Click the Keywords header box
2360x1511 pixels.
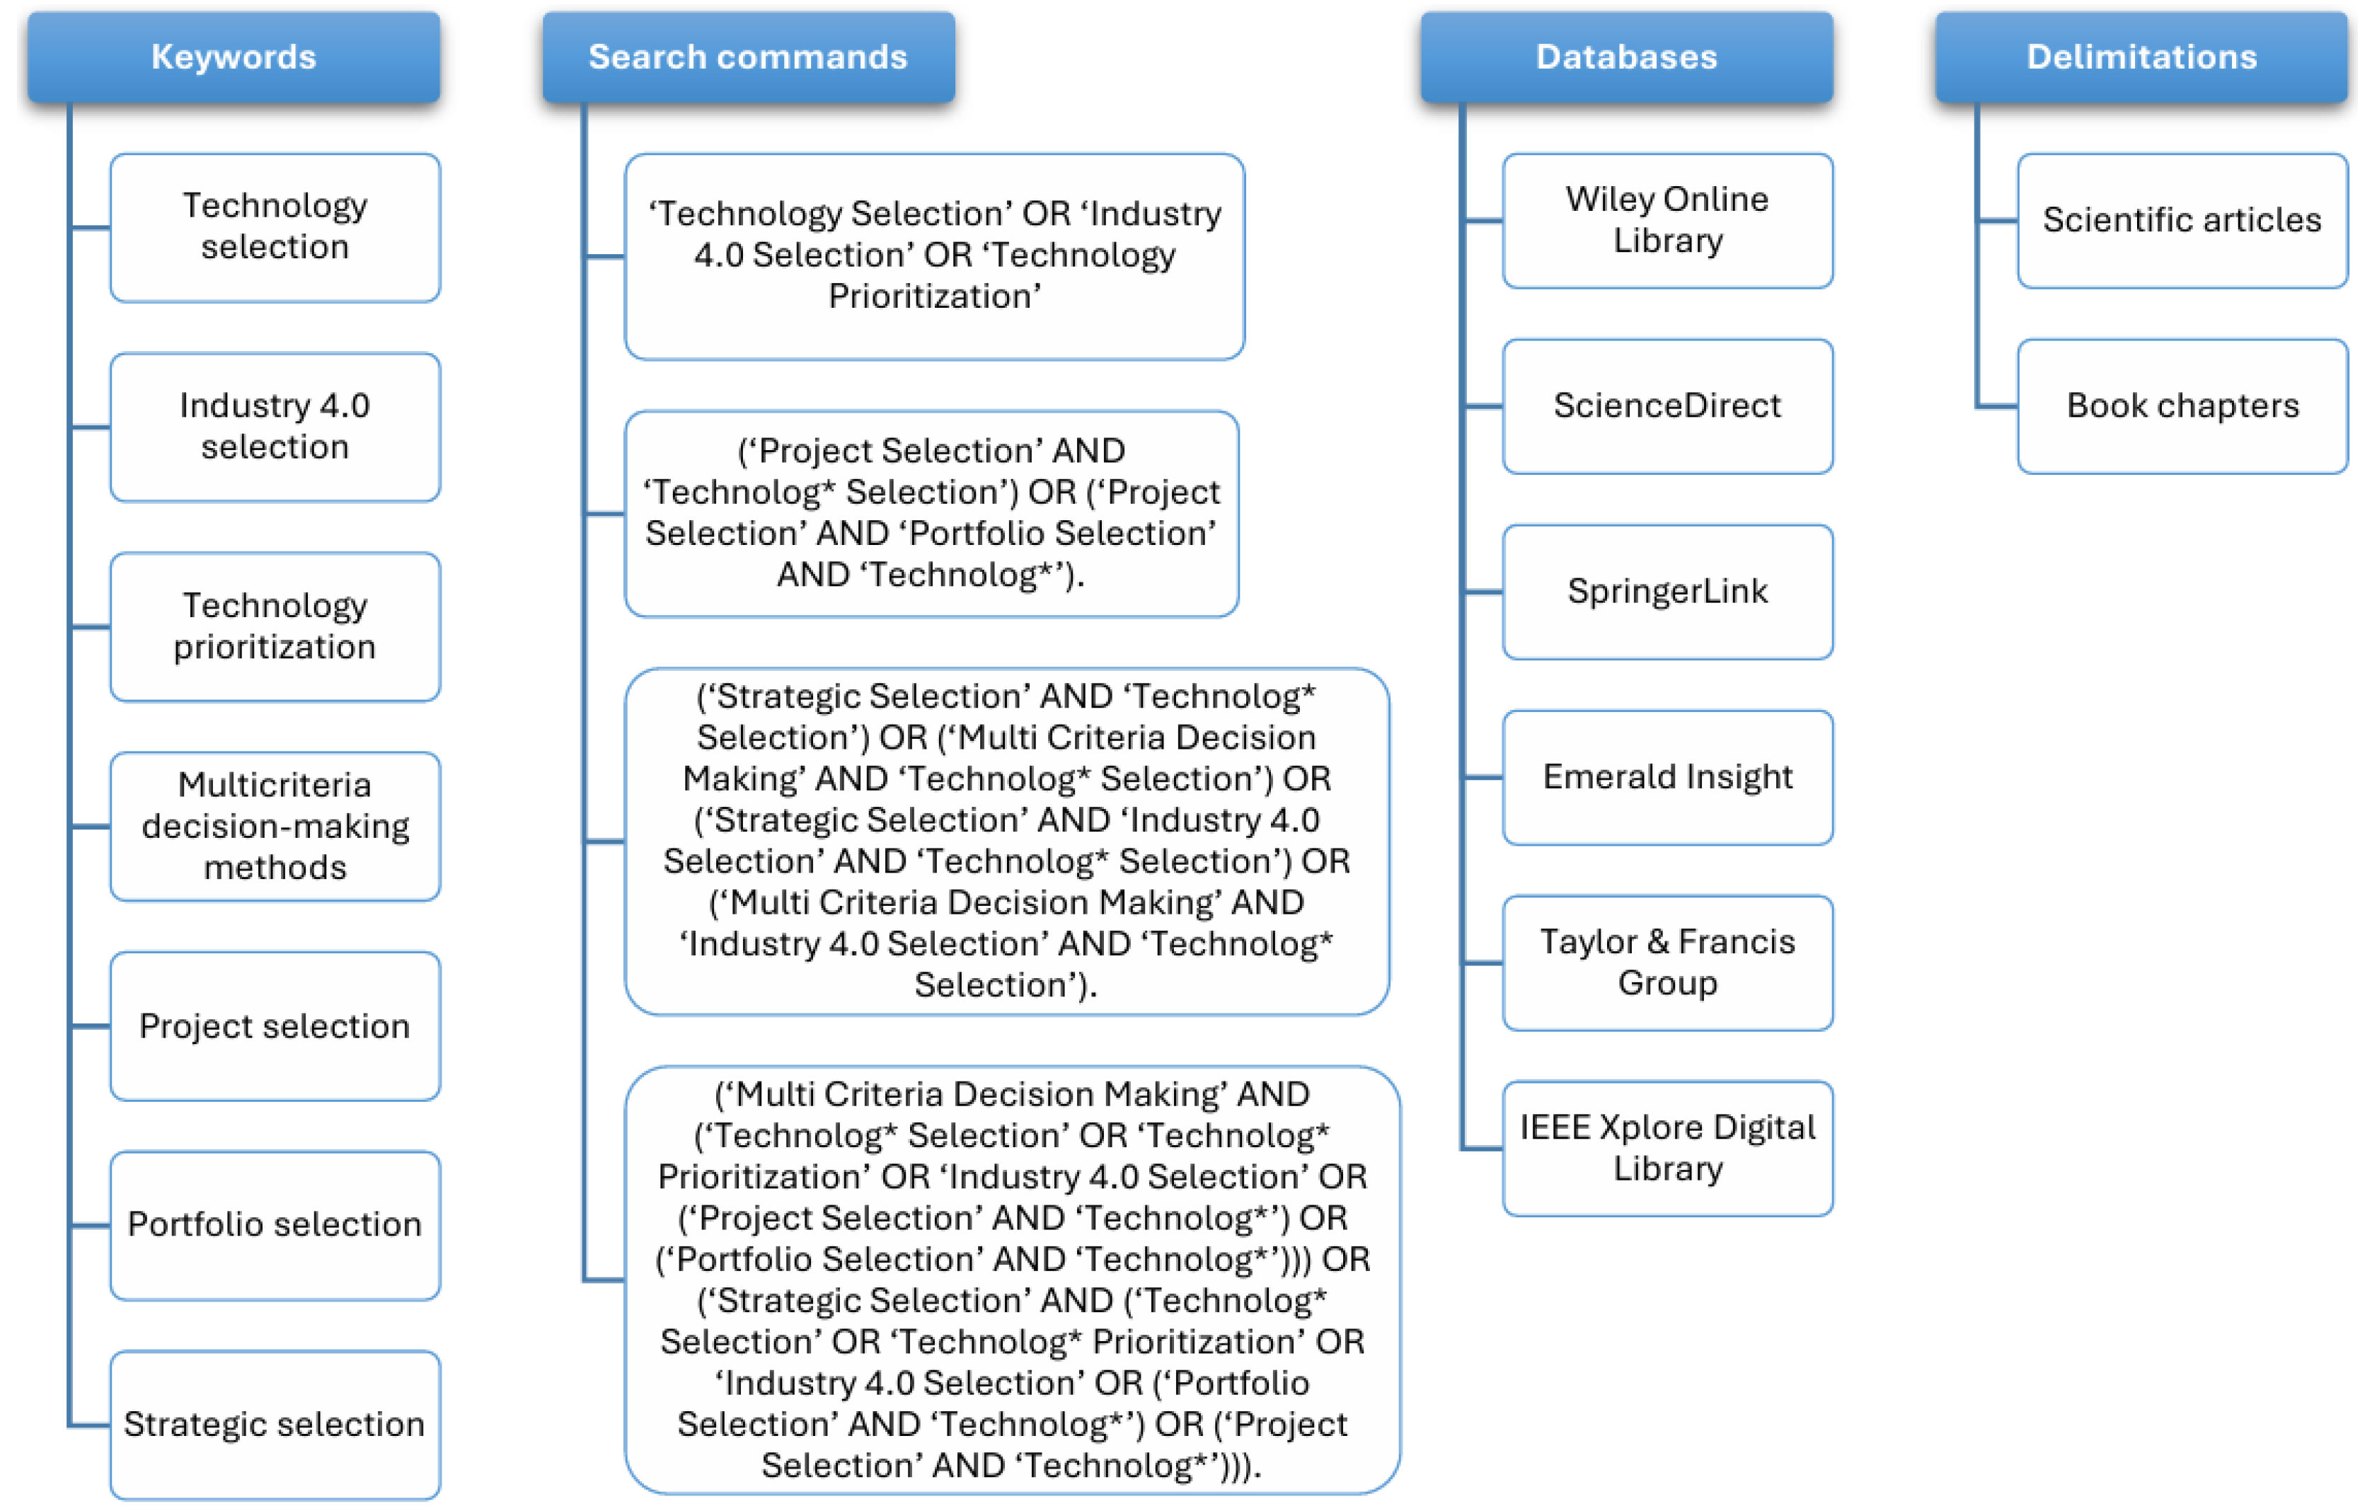coord(234,57)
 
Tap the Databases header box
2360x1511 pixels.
coord(1625,57)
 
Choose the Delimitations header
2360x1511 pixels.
coord(2141,57)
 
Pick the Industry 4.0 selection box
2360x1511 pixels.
coord(275,427)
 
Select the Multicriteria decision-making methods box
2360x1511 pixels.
coord(275,826)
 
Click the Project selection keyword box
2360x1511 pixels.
coord(275,1025)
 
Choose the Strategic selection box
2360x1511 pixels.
coord(275,1424)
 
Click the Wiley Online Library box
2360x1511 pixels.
coord(1667,220)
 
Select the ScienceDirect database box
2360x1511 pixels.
coord(1667,406)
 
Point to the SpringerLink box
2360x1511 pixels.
coord(1667,591)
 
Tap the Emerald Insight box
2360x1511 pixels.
coord(1667,776)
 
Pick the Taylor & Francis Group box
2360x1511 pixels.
coord(1667,962)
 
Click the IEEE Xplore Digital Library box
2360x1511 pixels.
coord(1667,1147)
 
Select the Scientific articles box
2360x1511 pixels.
coord(2182,220)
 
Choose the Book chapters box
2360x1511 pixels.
coord(2182,406)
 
